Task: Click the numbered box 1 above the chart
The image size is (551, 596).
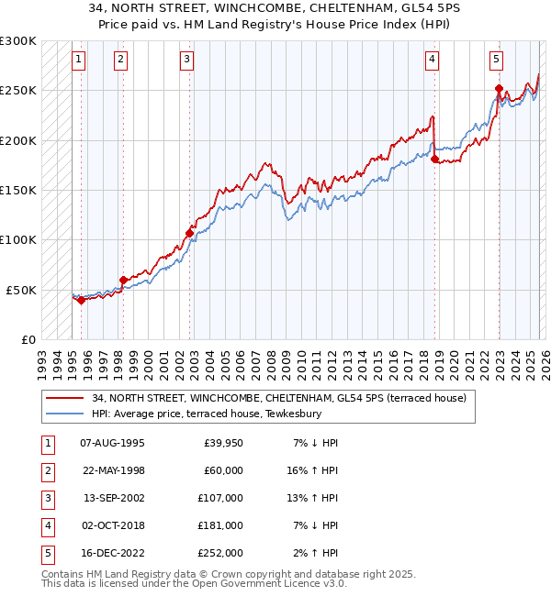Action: coord(79,61)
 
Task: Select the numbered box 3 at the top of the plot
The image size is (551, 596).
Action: coord(186,61)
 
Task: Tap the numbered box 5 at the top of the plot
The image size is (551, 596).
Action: coord(496,61)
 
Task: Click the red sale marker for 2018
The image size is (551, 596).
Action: coord(435,160)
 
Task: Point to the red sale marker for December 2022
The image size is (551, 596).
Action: coord(499,89)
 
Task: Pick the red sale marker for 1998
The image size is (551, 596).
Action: coord(123,280)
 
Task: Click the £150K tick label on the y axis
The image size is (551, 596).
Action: coord(18,191)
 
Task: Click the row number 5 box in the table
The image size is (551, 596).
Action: coord(46,553)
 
